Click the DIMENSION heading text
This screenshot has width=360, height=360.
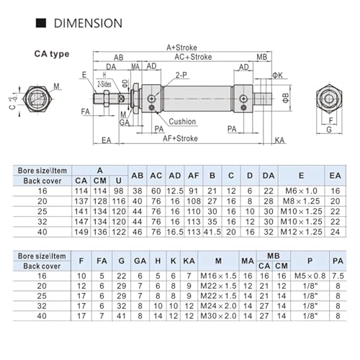tap(88, 23)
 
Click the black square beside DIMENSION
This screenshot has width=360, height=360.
tap(41, 23)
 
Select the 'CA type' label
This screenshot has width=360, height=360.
tap(52, 54)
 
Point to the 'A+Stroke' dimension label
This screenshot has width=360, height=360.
tap(181, 48)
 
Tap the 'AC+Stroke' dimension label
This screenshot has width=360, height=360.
tap(193, 57)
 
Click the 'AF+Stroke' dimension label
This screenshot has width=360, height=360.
tap(180, 138)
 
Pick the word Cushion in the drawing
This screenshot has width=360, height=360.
tap(182, 122)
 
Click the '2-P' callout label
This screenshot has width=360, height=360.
tap(181, 75)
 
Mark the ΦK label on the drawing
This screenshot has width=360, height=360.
tap(277, 76)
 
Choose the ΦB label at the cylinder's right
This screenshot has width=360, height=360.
tap(286, 98)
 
